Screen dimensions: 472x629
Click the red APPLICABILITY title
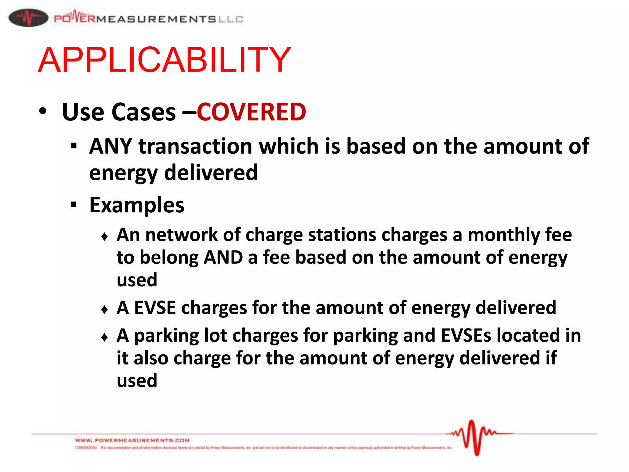tap(164, 60)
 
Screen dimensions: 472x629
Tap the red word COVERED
tap(251, 112)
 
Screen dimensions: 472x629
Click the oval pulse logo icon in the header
tap(28, 18)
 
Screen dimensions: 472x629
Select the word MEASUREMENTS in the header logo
tap(156, 19)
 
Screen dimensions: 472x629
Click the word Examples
tap(137, 205)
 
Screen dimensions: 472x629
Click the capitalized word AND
tap(223, 258)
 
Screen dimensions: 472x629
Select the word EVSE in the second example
tap(155, 308)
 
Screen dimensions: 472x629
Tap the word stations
tap(342, 235)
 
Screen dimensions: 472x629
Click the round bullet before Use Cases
tap(43, 111)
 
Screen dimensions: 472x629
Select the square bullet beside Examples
tap(73, 204)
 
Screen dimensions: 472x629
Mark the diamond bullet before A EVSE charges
tap(104, 309)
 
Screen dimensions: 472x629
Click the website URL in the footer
tap(132, 440)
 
